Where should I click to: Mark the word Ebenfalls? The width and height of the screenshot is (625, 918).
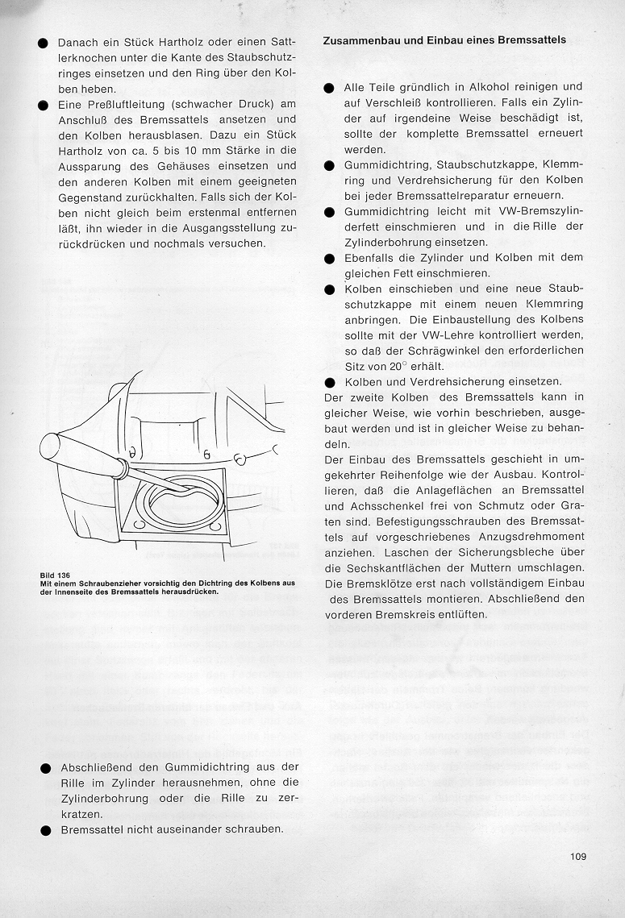(372, 258)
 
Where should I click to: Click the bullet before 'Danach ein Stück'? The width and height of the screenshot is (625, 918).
(42, 43)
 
